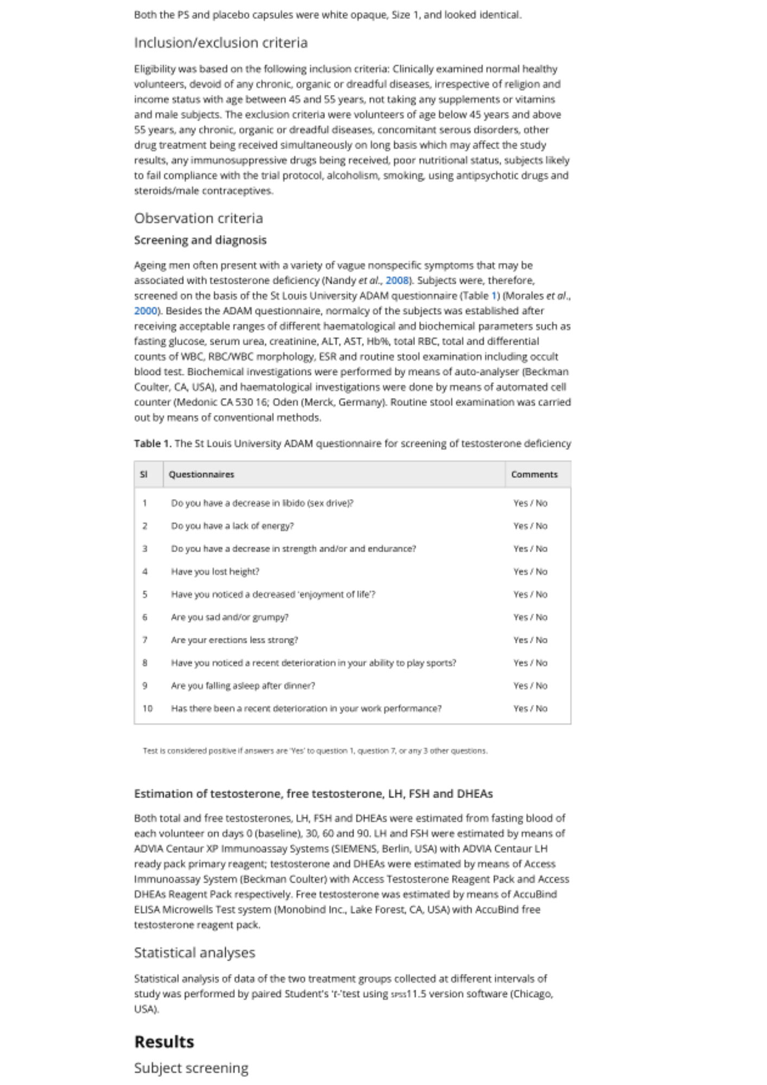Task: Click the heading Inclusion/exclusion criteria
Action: pos(220,43)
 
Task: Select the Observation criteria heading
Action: pos(199,218)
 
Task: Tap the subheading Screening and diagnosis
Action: pos(200,240)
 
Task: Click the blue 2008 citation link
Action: pos(397,280)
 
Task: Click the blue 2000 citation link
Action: pos(145,311)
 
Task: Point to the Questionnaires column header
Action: pos(201,474)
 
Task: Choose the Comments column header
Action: pos(534,474)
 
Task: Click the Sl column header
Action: pos(144,474)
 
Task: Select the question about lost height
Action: pos(215,571)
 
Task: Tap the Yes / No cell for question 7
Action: pos(530,640)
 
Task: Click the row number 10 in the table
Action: pos(147,709)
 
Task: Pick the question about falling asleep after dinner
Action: pos(242,686)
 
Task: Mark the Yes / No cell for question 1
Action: pos(530,503)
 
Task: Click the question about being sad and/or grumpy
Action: pos(229,617)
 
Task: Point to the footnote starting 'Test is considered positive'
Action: pos(315,751)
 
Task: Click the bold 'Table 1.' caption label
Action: pos(152,444)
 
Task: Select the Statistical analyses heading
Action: pos(194,953)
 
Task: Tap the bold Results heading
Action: pos(164,1042)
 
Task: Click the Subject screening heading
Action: pos(191,1068)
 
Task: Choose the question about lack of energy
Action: pos(232,526)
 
